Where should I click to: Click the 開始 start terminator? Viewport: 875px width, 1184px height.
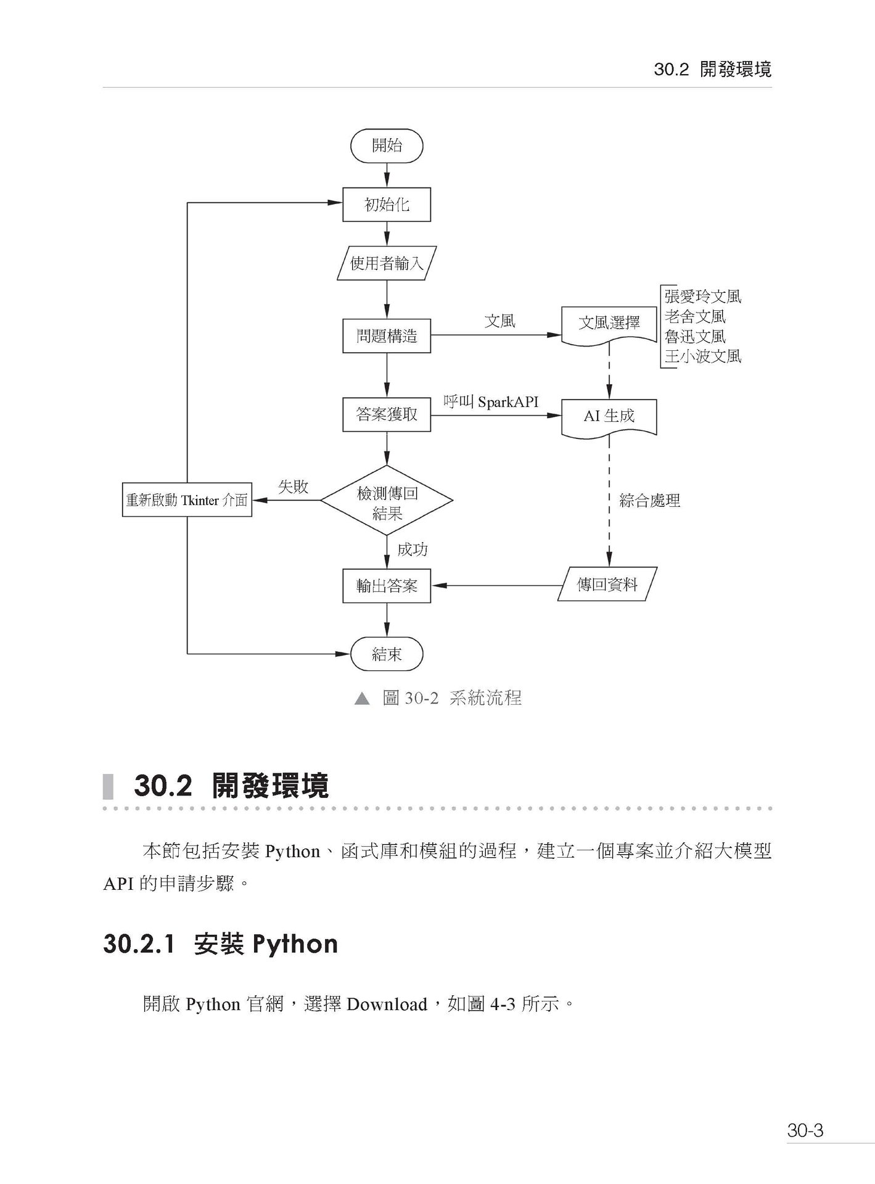387,146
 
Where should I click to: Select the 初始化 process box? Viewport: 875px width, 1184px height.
387,205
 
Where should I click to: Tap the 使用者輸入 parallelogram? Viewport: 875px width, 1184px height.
387,264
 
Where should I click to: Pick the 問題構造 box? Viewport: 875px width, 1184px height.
387,336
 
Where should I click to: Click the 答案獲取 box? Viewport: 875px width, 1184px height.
387,414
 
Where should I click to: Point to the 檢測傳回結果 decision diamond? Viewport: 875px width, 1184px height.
387,501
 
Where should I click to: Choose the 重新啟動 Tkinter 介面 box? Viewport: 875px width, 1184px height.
187,500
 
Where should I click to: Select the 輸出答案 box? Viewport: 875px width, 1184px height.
387,586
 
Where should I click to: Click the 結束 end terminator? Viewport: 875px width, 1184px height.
387,654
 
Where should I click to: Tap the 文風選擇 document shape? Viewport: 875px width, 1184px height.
609,323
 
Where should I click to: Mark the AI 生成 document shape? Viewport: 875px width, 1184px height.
609,416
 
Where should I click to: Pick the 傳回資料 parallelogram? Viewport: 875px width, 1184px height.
607,585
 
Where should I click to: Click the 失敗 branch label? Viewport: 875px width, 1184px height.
293,487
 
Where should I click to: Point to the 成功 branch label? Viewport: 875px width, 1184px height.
413,549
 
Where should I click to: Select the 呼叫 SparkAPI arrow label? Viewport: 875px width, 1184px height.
491,402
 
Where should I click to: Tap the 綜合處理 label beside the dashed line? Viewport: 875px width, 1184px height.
649,501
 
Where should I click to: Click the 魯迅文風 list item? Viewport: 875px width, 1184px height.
695,337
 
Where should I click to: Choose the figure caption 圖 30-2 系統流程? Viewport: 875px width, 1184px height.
451,698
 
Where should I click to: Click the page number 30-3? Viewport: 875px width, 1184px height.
805,1131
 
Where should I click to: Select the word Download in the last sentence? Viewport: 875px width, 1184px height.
387,1005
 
